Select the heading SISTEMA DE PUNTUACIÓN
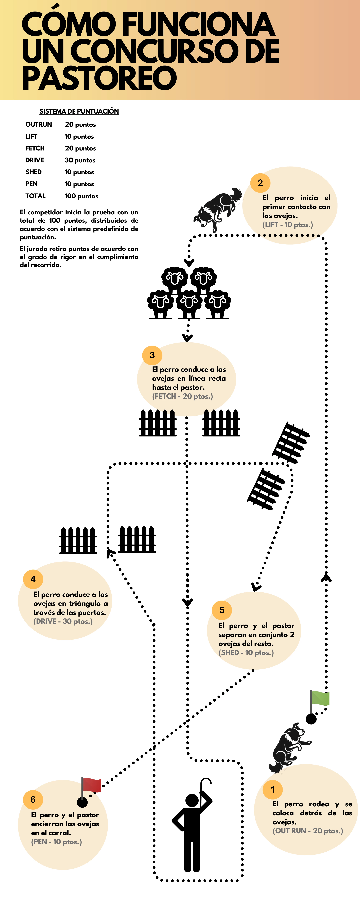click(79, 111)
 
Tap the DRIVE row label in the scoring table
click(35, 160)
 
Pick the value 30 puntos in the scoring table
click(80, 160)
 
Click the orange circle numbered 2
click(260, 183)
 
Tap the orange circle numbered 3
click(152, 355)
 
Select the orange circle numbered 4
click(33, 579)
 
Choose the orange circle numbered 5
click(222, 610)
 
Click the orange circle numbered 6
click(33, 799)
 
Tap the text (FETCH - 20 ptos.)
click(182, 396)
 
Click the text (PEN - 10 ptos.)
click(56, 842)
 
